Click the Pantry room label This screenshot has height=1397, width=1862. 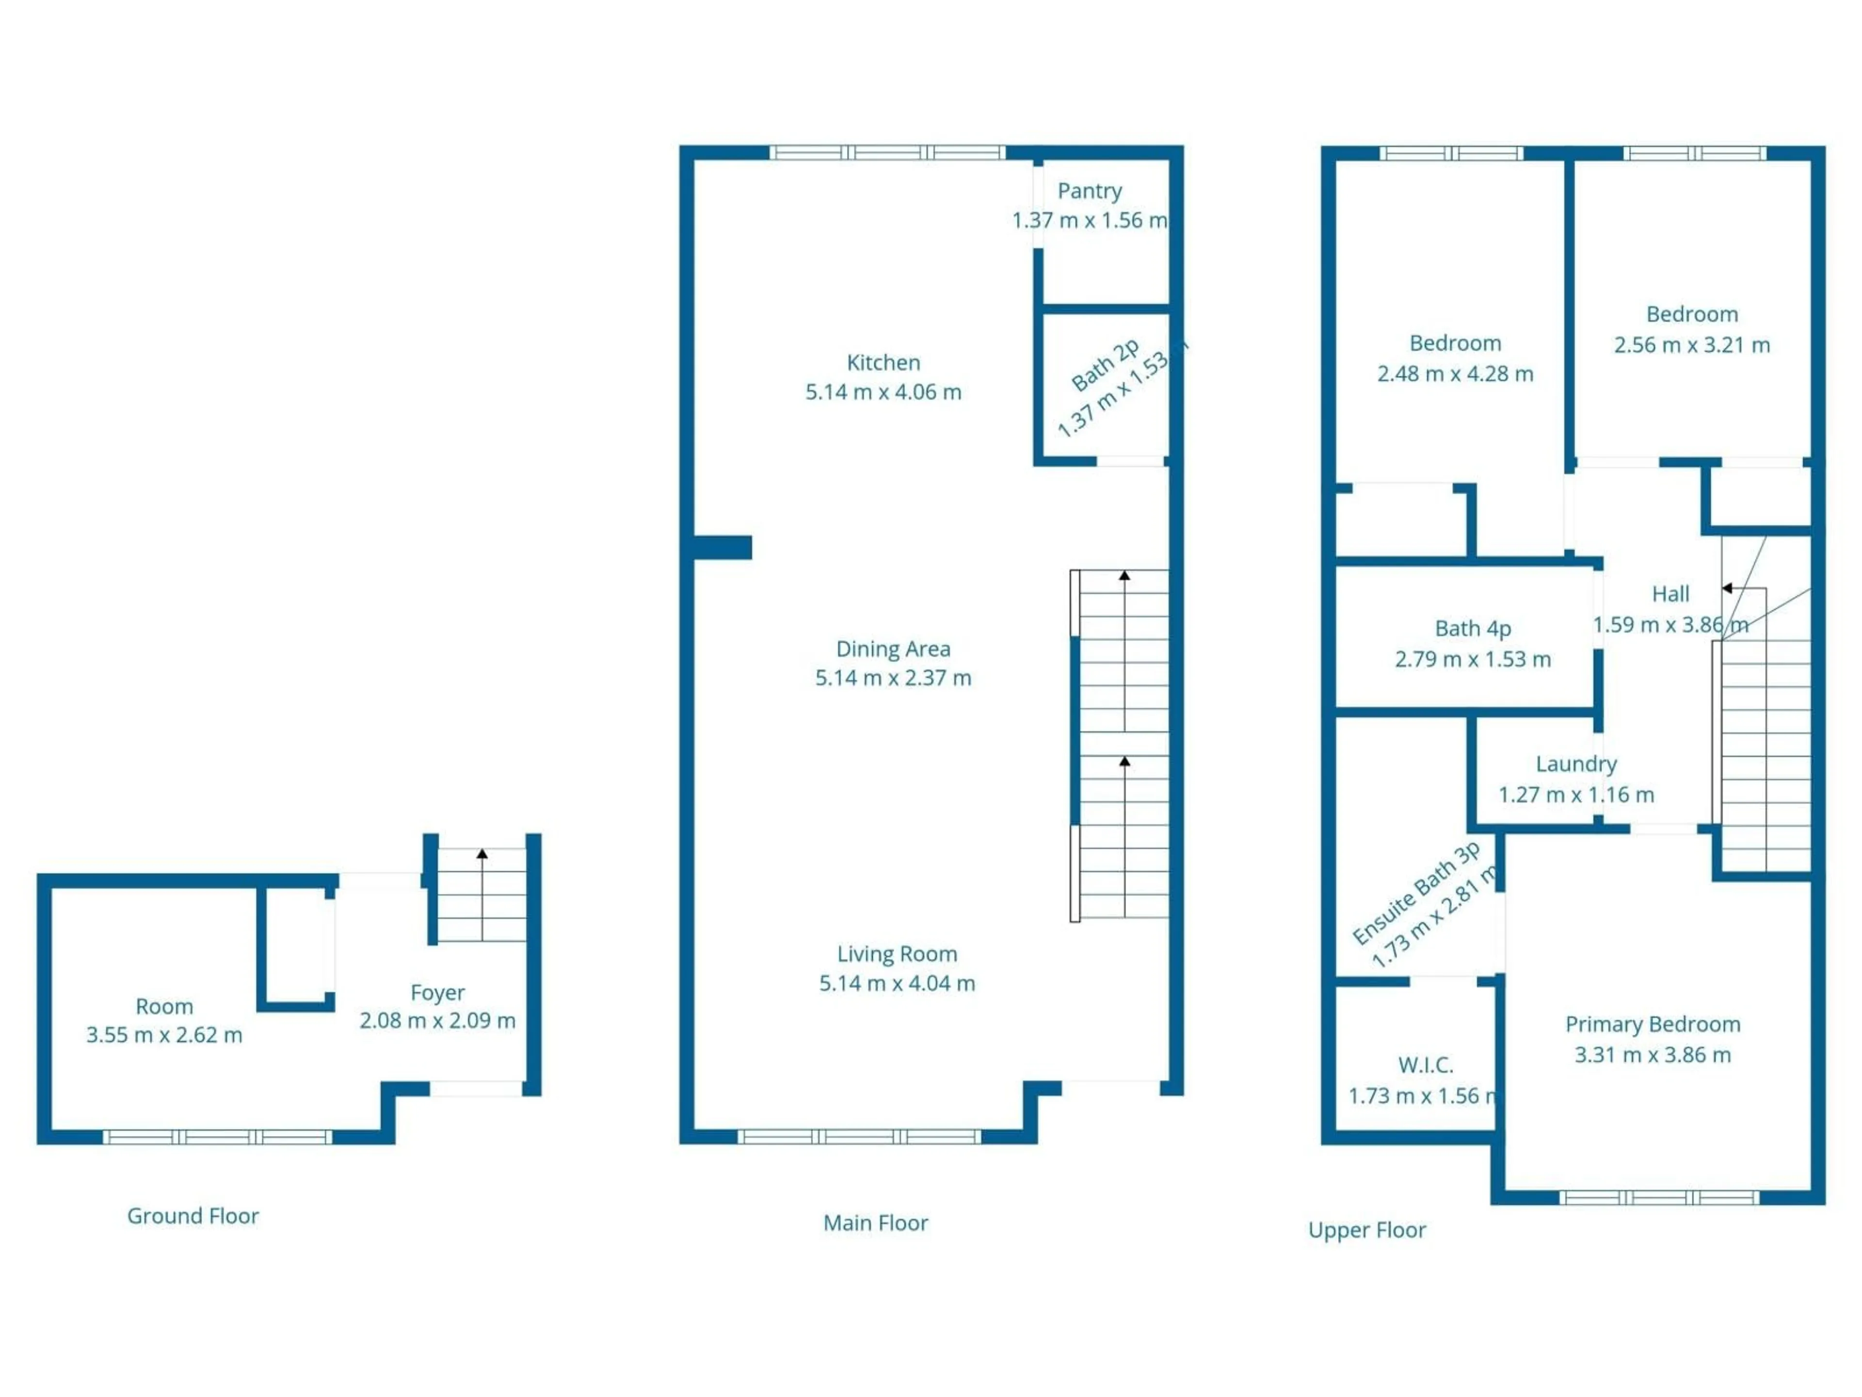coord(1089,191)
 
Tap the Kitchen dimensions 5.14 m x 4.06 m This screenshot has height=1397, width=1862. coord(883,391)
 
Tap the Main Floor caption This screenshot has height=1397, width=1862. coord(875,1223)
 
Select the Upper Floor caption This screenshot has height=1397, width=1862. coord(1366,1230)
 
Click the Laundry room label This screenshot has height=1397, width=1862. coord(1576,764)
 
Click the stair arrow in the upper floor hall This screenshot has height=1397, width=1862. coord(1727,588)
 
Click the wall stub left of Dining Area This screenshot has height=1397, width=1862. coord(722,547)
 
